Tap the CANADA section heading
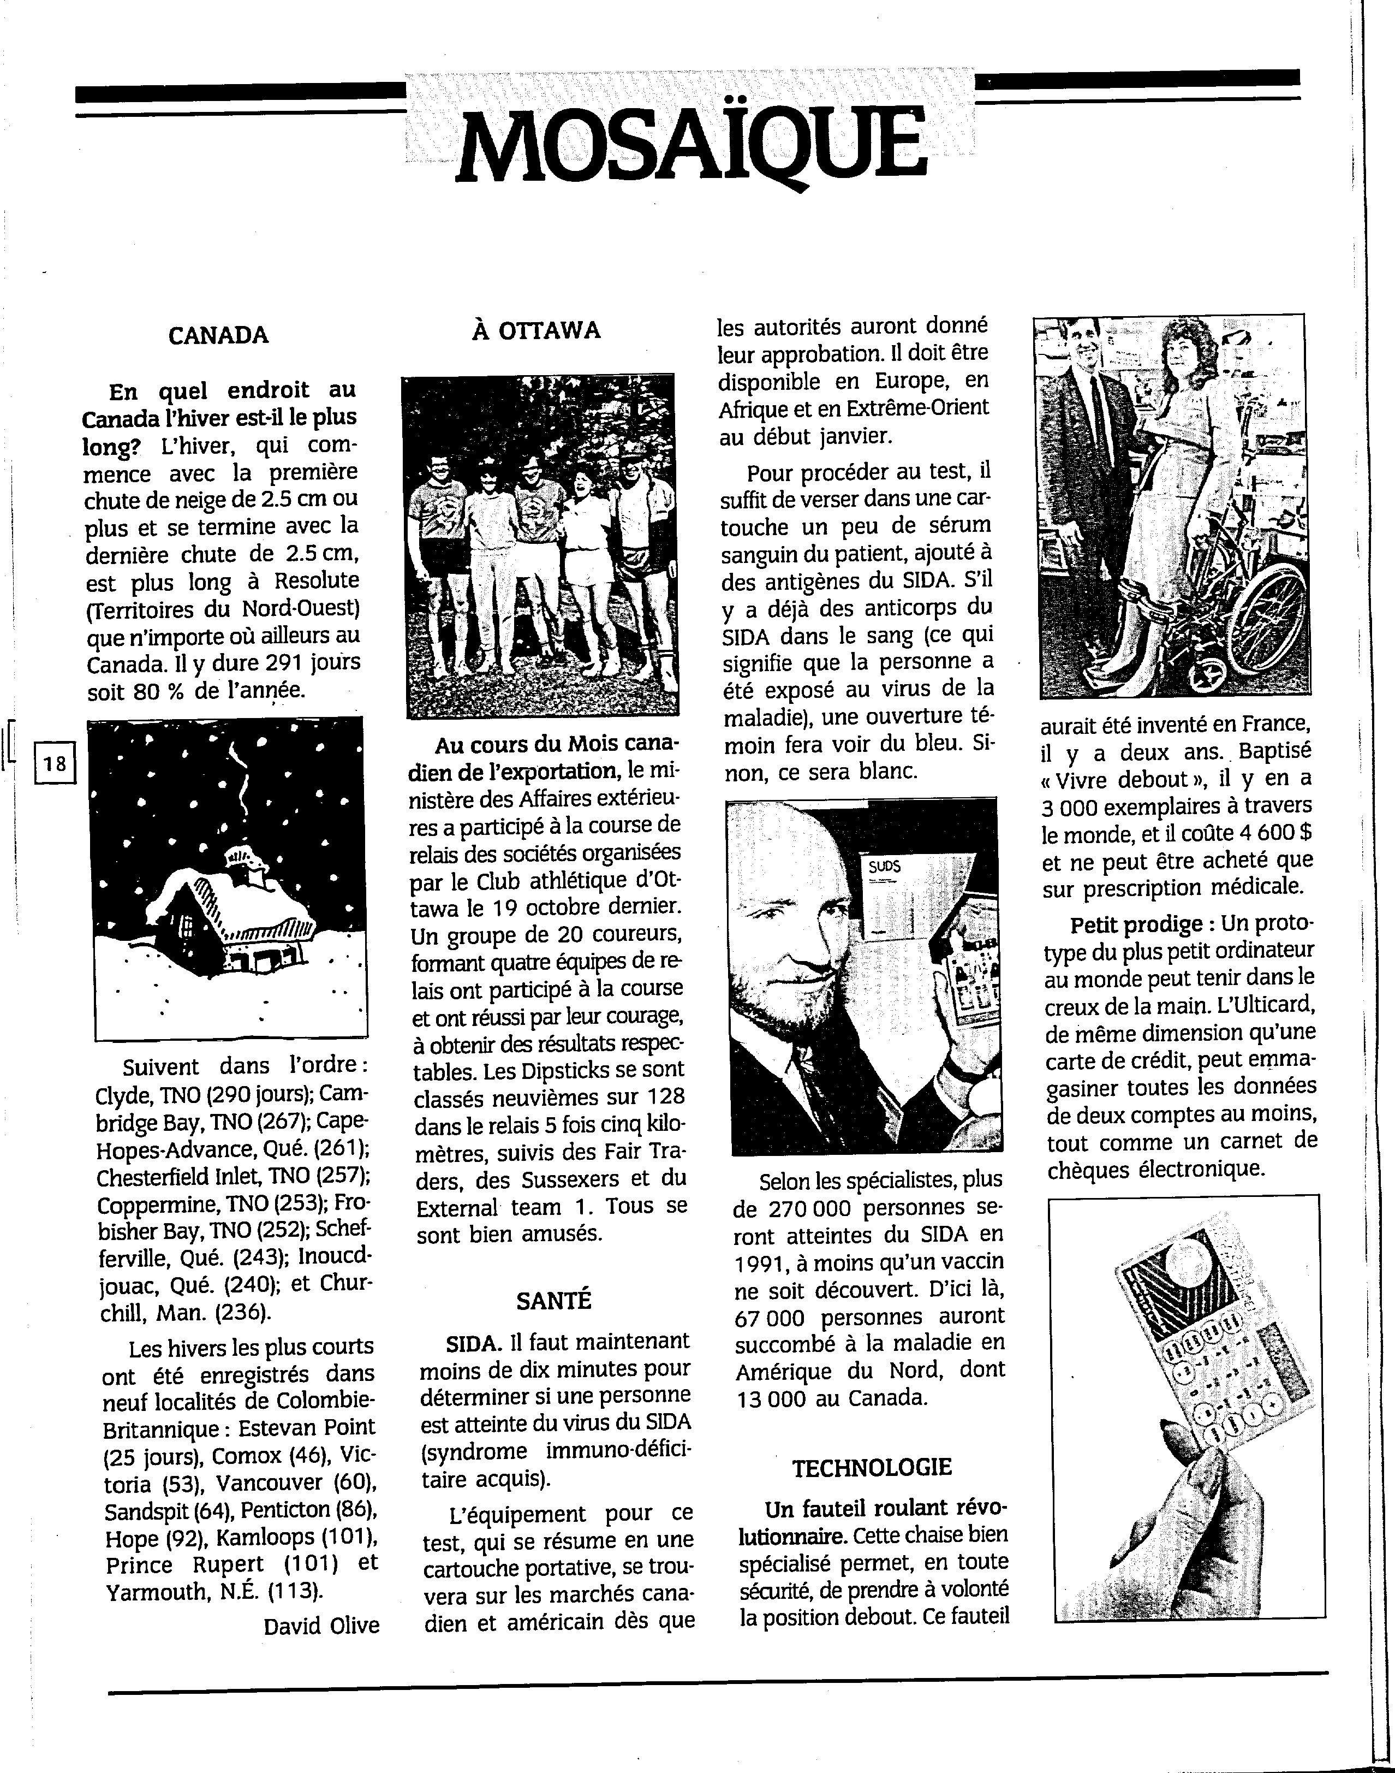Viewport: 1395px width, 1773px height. pos(218,335)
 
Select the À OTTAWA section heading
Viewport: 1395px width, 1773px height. pos(536,330)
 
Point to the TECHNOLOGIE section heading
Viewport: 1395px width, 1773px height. pos(872,1467)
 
